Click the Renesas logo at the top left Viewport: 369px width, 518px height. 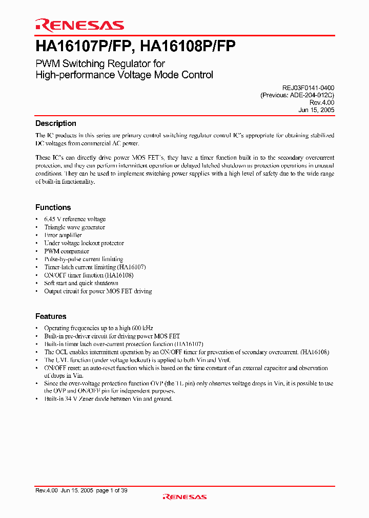79,25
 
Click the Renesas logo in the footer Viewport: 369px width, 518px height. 184,497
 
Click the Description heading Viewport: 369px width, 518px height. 55,123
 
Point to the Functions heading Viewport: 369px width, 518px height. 53,207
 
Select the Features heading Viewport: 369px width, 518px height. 51,316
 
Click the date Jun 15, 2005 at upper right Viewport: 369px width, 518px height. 316,110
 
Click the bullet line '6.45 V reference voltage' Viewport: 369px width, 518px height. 75,219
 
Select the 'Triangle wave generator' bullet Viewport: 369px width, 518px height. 74,227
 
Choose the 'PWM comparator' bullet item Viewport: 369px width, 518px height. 67,251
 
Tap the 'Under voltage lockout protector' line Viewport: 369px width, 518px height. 84,243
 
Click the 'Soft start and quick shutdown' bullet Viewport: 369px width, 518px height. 81,283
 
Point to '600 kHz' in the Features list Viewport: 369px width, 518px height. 142,328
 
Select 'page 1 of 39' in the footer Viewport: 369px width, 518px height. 111,490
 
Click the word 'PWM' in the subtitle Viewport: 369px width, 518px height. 47,63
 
